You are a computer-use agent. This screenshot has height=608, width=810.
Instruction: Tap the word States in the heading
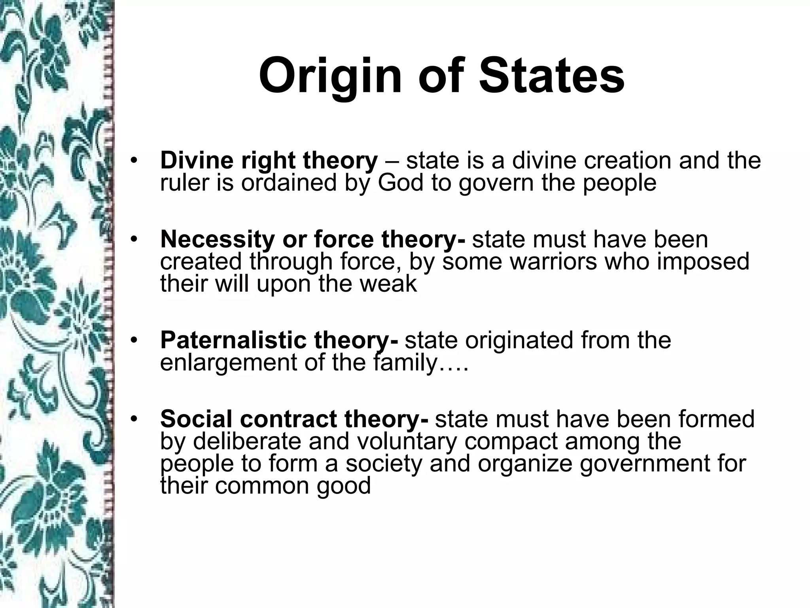click(x=551, y=75)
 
